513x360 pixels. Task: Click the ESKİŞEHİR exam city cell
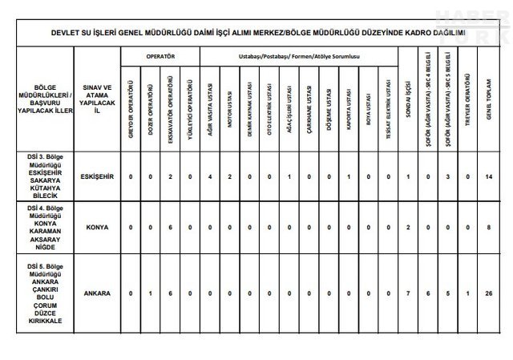(x=97, y=176)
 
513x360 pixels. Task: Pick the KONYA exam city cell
(x=97, y=227)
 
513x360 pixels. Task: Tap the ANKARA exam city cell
(x=97, y=293)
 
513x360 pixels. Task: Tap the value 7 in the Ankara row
(x=409, y=293)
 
